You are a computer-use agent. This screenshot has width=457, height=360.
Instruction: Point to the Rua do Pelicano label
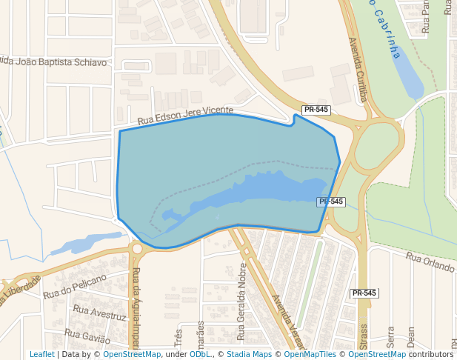click(74, 286)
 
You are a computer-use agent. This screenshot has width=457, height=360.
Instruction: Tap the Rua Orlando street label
click(430, 262)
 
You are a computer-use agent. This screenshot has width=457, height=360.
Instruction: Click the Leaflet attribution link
click(41, 354)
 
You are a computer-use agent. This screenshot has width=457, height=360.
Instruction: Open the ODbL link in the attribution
click(199, 354)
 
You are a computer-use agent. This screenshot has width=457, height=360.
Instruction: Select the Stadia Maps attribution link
click(249, 354)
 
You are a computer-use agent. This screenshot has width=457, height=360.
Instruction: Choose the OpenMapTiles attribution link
click(305, 354)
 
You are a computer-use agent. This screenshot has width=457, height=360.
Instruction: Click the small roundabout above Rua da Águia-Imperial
click(136, 250)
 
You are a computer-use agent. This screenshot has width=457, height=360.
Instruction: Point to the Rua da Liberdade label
click(21, 287)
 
